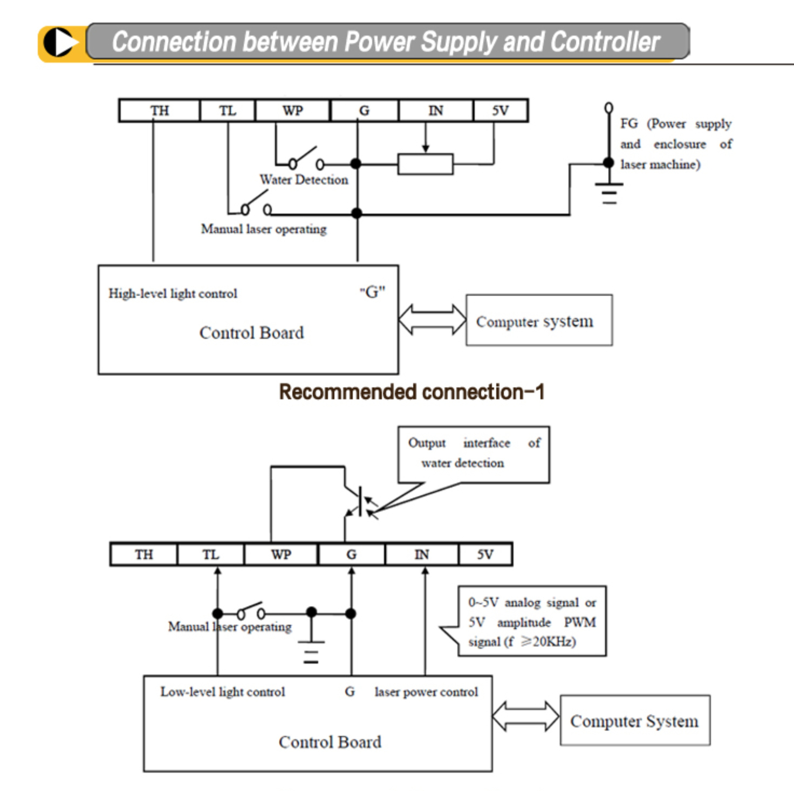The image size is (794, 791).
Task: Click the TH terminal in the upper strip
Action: pyautogui.click(x=160, y=111)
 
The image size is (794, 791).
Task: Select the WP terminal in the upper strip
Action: pyautogui.click(x=292, y=111)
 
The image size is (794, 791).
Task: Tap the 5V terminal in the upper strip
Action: pyautogui.click(x=500, y=111)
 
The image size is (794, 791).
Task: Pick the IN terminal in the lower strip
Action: pyautogui.click(x=421, y=554)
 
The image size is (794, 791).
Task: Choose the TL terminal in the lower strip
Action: pyautogui.click(x=210, y=554)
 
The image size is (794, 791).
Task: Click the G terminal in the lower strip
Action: pyautogui.click(x=351, y=554)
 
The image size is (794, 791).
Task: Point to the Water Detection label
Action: pyautogui.click(x=304, y=180)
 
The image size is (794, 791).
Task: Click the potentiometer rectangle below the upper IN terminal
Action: pyautogui.click(x=426, y=165)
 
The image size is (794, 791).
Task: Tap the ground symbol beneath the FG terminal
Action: pyautogui.click(x=609, y=193)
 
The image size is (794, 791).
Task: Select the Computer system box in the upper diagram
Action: pyautogui.click(x=539, y=321)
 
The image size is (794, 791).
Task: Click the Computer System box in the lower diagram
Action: pyautogui.click(x=635, y=720)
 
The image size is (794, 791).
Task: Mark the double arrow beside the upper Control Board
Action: pyautogui.click(x=432, y=320)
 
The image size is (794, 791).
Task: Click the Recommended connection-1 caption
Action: pyautogui.click(x=412, y=392)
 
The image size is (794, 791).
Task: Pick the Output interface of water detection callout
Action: pyautogui.click(x=474, y=454)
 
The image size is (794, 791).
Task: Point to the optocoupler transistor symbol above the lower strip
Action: pyautogui.click(x=361, y=501)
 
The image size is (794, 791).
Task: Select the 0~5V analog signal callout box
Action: pyautogui.click(x=532, y=621)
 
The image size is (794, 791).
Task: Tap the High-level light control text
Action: pyautogui.click(x=173, y=294)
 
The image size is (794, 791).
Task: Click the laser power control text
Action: pyautogui.click(x=426, y=692)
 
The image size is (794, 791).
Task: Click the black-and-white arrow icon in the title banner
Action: pyautogui.click(x=60, y=43)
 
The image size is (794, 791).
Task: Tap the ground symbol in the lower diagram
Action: pyautogui.click(x=311, y=652)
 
